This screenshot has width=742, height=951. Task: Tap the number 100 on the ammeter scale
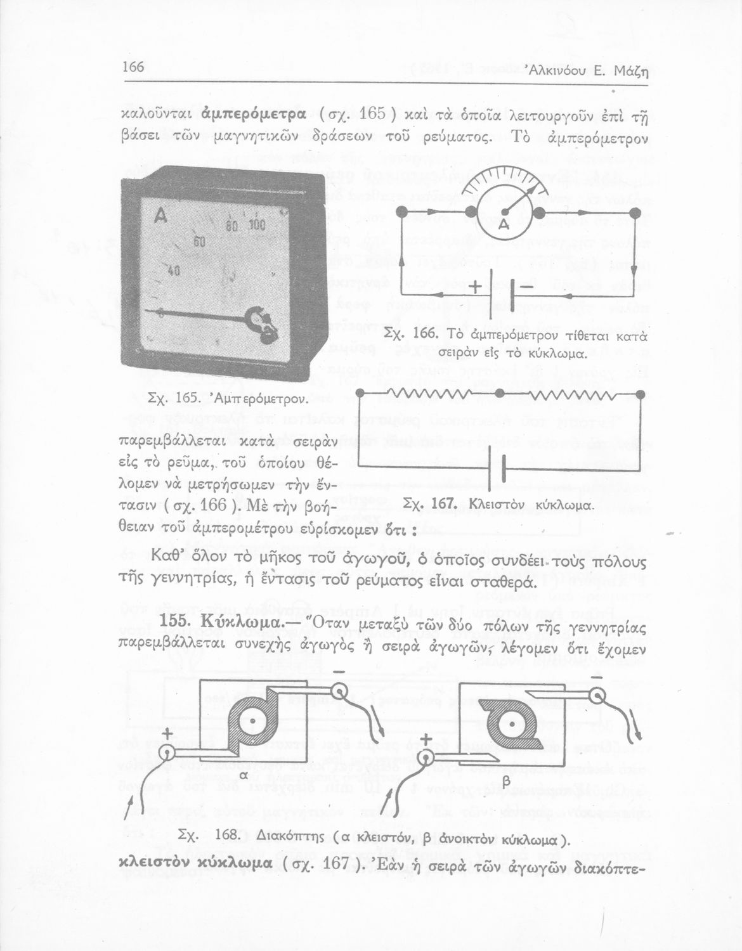coord(257,224)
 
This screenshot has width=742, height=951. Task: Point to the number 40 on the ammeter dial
coord(174,271)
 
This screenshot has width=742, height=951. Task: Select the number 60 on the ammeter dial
coord(199,242)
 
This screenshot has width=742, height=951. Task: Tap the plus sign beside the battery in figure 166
coord(474,287)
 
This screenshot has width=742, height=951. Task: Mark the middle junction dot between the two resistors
coord(500,394)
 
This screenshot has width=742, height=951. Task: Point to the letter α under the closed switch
coord(244,775)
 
